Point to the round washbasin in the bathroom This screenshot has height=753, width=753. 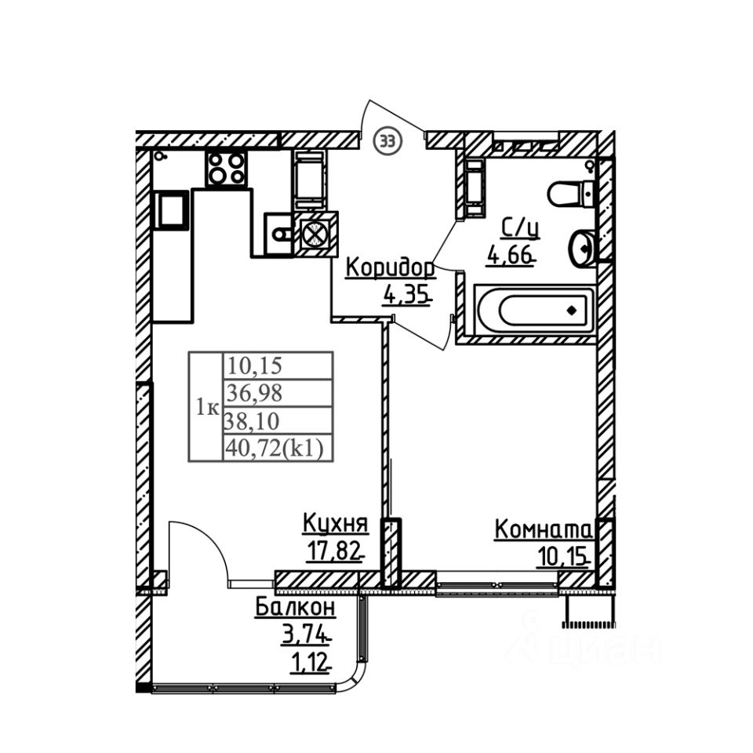click(581, 247)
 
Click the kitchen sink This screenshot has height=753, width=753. click(278, 234)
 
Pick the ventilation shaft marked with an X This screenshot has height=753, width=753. click(317, 234)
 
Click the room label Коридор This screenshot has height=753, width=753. click(391, 269)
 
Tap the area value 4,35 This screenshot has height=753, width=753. click(406, 294)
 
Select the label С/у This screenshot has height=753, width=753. click(521, 228)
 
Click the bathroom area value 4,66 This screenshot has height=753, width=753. click(511, 254)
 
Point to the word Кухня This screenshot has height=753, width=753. click(336, 523)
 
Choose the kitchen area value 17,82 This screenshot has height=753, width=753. click(334, 551)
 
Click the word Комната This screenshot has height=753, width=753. click(543, 531)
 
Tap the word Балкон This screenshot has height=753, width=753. click(295, 607)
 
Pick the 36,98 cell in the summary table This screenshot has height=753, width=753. click(254, 394)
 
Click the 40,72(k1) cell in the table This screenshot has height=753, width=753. click(275, 449)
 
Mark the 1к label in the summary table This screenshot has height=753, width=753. click(207, 408)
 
